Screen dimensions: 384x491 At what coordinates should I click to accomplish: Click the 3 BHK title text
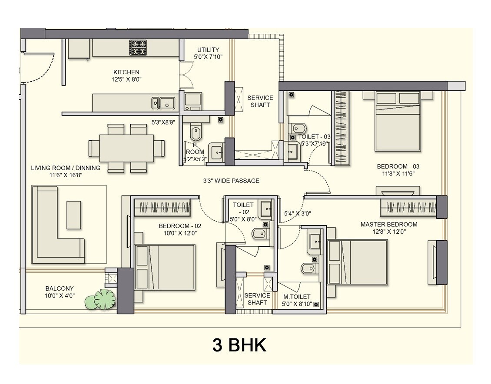point(239,345)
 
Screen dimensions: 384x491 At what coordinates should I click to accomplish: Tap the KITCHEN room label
point(126,72)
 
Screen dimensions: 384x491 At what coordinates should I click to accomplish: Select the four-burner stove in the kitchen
point(138,47)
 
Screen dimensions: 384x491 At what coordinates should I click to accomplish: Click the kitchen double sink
point(163,103)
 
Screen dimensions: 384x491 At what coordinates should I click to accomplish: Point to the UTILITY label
point(208,50)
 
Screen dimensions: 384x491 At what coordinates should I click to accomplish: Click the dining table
point(126,147)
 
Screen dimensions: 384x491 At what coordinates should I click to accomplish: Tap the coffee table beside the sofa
point(73,215)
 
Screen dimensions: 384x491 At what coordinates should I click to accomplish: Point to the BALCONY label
point(60,288)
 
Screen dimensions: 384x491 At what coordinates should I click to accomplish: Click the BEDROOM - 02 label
point(180,226)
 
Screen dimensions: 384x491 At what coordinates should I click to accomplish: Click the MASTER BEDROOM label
point(389,225)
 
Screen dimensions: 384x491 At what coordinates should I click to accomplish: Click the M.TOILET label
point(297,297)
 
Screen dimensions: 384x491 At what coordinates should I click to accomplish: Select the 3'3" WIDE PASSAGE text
point(231,181)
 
